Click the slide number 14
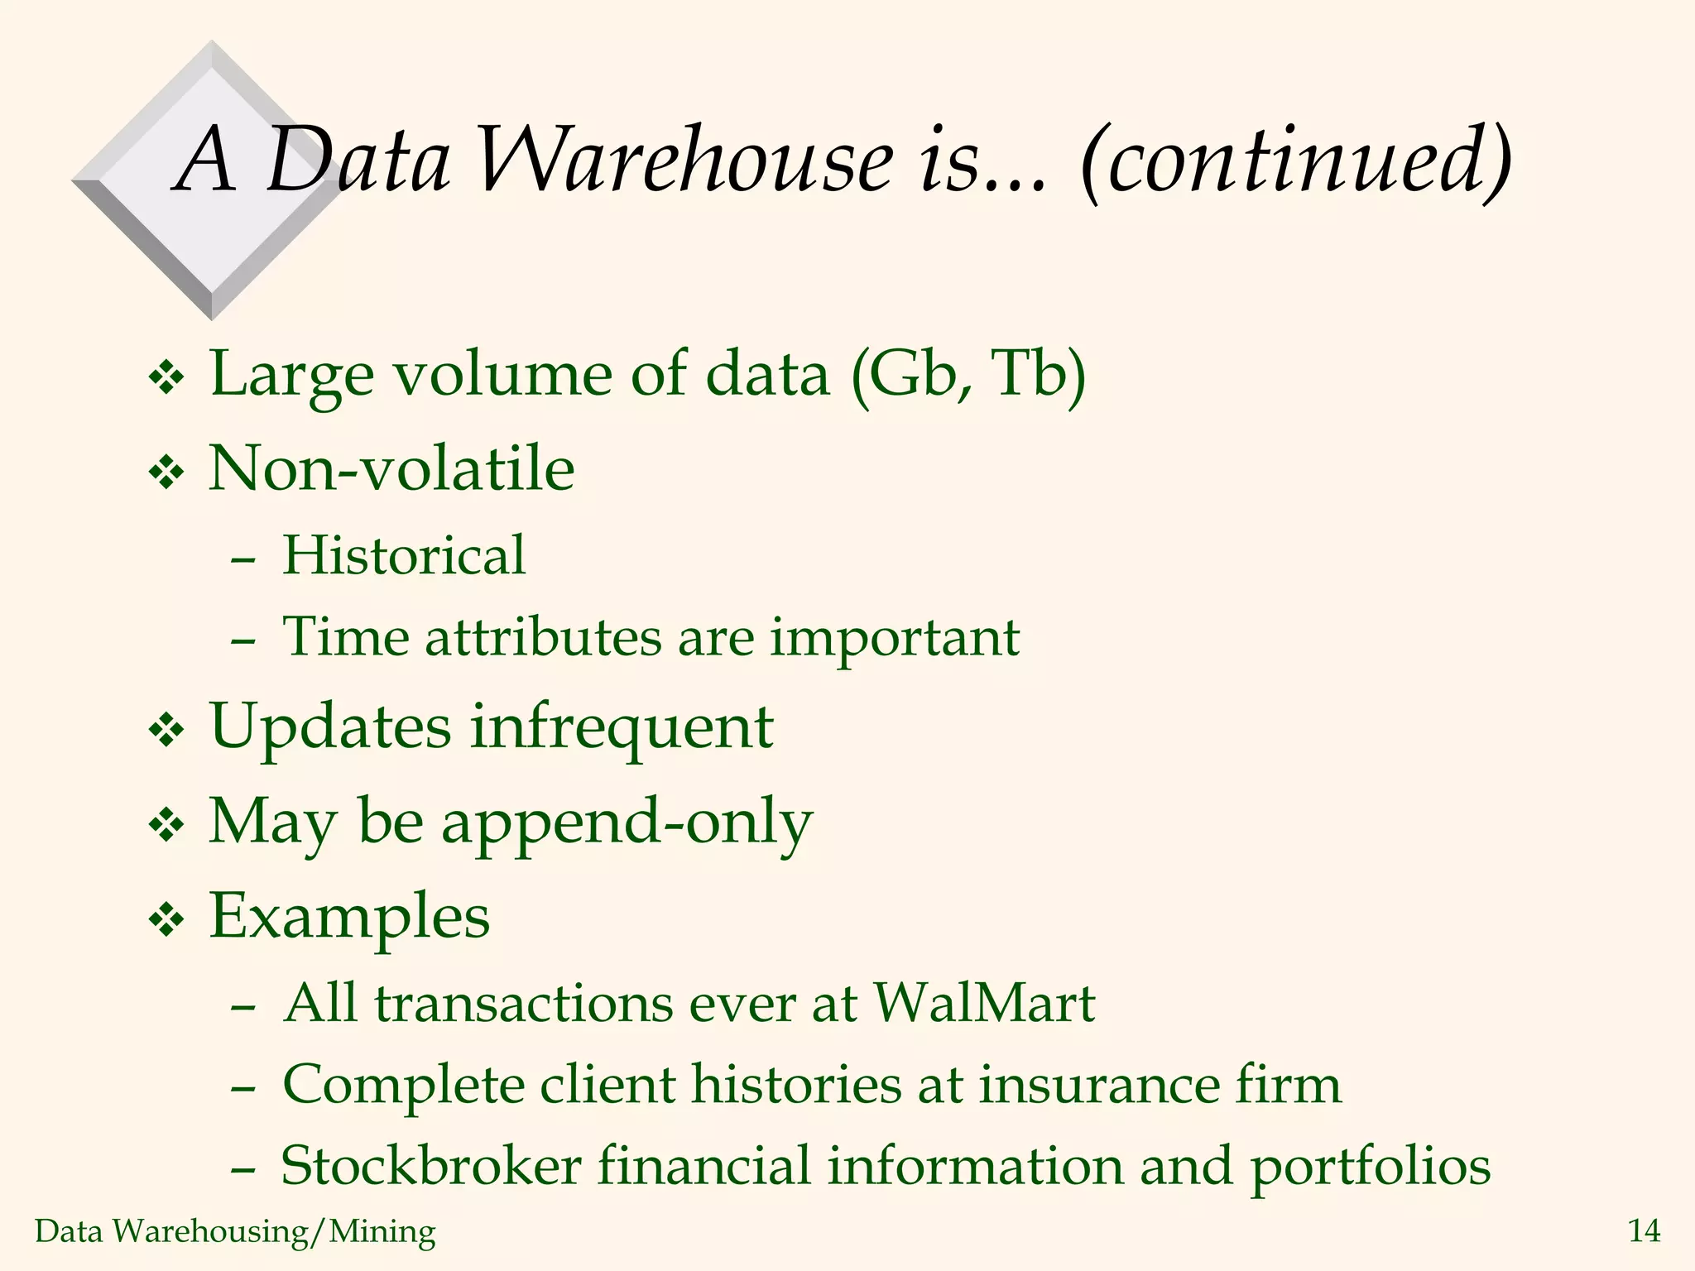click(x=1644, y=1231)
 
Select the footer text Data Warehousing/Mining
click(x=235, y=1231)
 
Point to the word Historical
click(x=404, y=554)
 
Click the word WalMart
click(x=984, y=1003)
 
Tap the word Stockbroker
click(x=431, y=1166)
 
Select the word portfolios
click(x=1371, y=1167)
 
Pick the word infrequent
click(x=622, y=727)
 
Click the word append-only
click(x=627, y=823)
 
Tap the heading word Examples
click(x=349, y=916)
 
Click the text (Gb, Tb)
click(x=968, y=374)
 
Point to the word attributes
click(x=544, y=637)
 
